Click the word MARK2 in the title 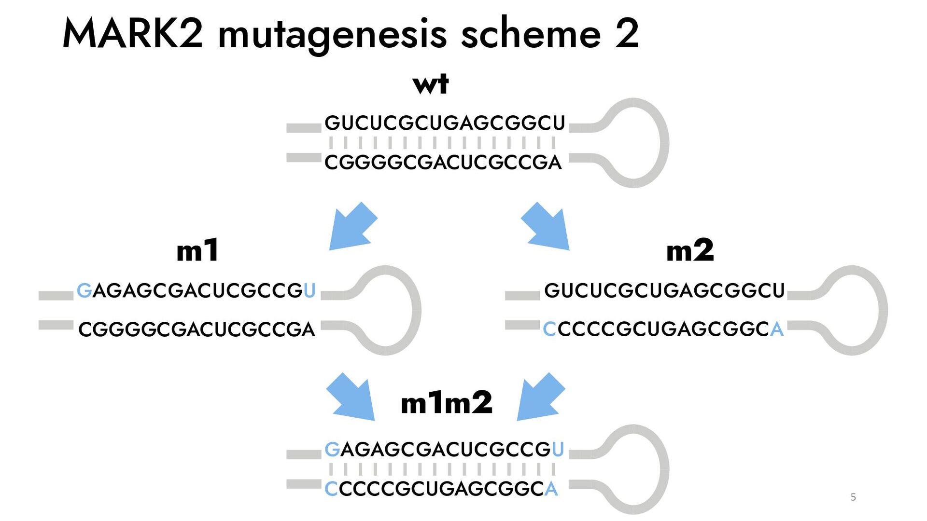pos(133,34)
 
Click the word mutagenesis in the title pos(333,35)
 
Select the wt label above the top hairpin pos(431,84)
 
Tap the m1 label pos(197,250)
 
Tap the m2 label pos(689,250)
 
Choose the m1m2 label pos(447,403)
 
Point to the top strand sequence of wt pos(445,123)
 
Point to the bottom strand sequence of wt pos(443,162)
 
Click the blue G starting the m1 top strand pos(84,290)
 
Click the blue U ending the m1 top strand pos(309,290)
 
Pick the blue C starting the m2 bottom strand pos(549,329)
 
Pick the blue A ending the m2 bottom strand pos(776,329)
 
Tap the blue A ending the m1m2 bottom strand pos(551,489)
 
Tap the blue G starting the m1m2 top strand pos(332,450)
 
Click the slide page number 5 pos(853,497)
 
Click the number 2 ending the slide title pos(627,34)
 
